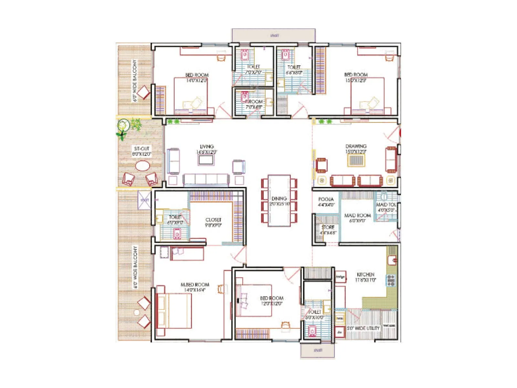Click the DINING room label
point(279,199)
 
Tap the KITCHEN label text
point(365,275)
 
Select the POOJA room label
point(326,199)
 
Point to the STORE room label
point(328,227)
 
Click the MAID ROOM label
point(357,215)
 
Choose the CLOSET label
point(213,220)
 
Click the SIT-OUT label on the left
point(142,149)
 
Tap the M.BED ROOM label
point(195,285)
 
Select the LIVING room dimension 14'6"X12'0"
point(207,152)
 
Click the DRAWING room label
point(356,146)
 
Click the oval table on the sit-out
point(142,166)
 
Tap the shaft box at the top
point(274,35)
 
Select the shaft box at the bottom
point(318,350)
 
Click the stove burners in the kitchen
point(391,280)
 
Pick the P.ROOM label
point(254,102)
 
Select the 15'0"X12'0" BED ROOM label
point(356,78)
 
